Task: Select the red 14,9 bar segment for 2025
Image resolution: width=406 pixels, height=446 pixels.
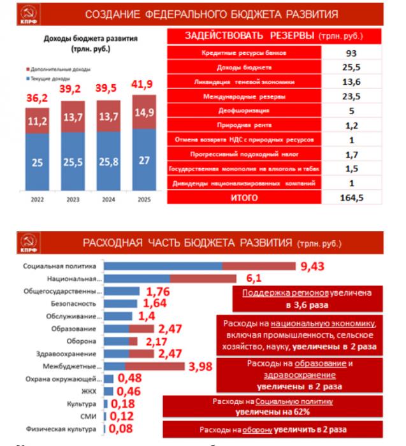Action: pos(145,113)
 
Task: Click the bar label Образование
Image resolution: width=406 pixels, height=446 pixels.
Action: pos(80,329)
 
